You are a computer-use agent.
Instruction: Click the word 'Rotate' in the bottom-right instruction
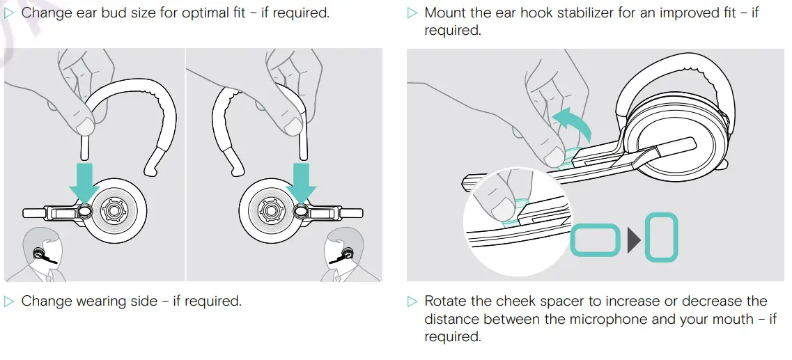[446, 302]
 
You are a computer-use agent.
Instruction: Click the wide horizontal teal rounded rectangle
[595, 240]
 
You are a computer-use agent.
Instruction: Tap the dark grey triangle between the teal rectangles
[633, 240]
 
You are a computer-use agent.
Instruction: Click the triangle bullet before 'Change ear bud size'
[9, 13]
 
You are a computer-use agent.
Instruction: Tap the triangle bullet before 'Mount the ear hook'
[412, 13]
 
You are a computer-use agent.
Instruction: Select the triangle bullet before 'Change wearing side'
[9, 302]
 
